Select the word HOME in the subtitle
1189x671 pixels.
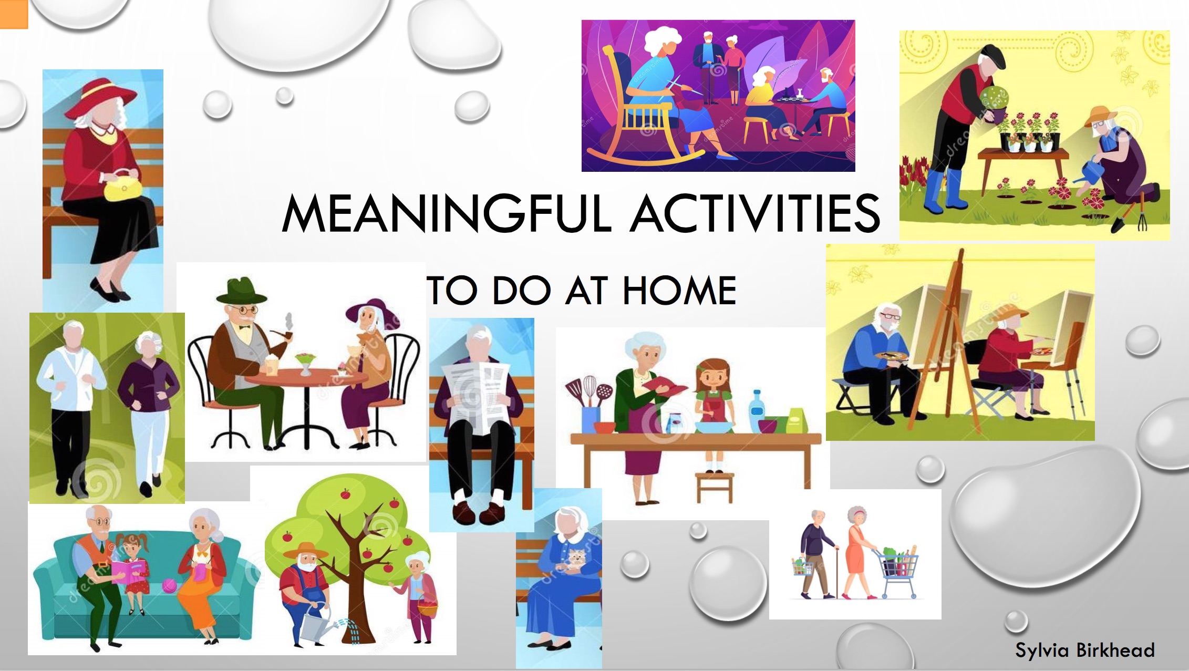[679, 290]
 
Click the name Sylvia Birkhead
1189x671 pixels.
[1085, 651]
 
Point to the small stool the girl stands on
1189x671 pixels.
[715, 487]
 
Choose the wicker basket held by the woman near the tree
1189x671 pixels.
[428, 608]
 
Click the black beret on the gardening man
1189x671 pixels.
[992, 55]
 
